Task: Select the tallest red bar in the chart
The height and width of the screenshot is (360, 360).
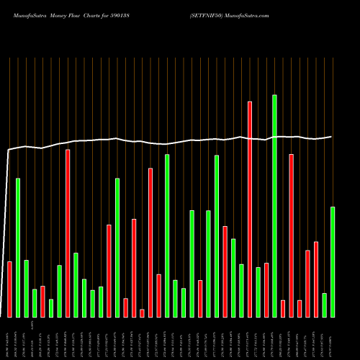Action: [x=250, y=209]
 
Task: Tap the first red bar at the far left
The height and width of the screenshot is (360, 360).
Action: [x=9, y=289]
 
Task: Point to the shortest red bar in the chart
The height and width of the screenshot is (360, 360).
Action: [x=142, y=312]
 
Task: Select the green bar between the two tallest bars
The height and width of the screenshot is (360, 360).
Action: [x=258, y=292]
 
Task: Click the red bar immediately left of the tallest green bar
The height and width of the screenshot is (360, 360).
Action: [x=266, y=289]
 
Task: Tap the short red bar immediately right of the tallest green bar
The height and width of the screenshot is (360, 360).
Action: [x=283, y=308]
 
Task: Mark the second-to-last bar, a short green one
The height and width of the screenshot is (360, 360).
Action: [x=325, y=305]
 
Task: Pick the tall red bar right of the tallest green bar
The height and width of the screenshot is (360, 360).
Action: [x=291, y=235]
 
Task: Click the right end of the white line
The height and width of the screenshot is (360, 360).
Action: [x=331, y=136]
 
